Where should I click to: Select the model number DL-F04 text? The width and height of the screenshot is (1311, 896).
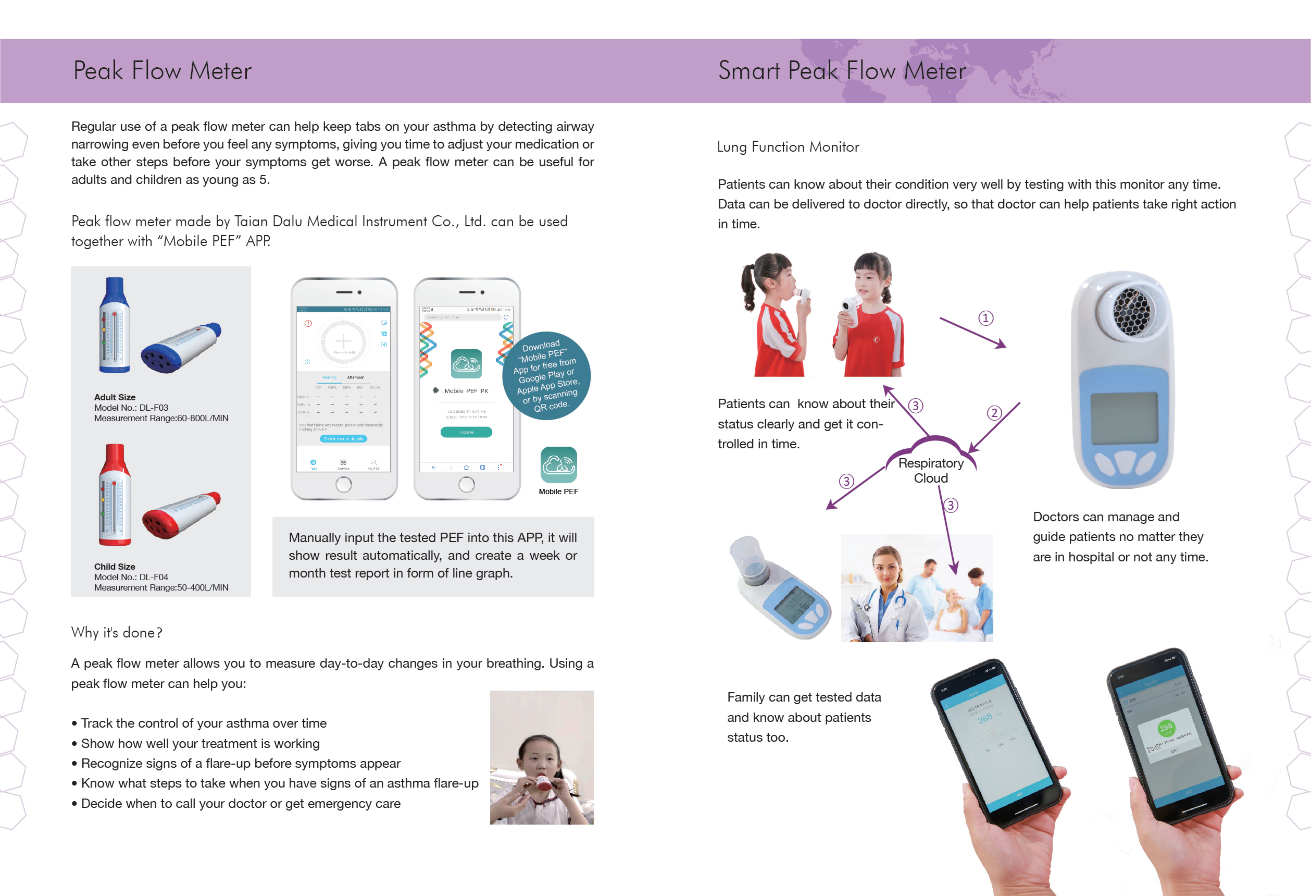tap(131, 576)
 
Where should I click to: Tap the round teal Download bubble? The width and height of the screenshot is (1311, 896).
tap(546, 375)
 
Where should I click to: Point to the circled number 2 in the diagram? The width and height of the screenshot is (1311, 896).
tap(994, 413)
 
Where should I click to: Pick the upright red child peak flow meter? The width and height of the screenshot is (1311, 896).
tap(115, 495)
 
